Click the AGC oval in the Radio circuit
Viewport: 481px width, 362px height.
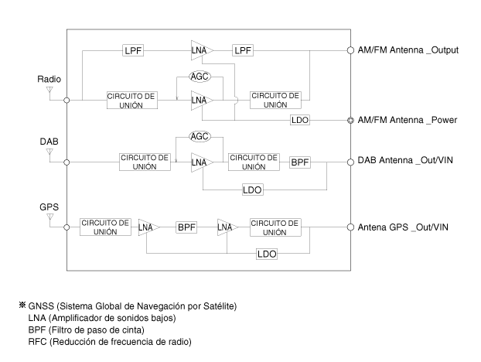[x=200, y=77]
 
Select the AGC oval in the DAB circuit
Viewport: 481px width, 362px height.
[x=200, y=136]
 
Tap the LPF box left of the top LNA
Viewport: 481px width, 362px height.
[x=133, y=50]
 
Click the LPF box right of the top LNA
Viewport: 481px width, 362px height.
[x=243, y=50]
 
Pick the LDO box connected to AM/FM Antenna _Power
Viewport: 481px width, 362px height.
[x=300, y=120]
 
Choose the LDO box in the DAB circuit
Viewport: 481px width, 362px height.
[x=252, y=190]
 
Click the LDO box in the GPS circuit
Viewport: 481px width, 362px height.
[x=267, y=254]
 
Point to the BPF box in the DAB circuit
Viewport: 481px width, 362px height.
[x=300, y=162]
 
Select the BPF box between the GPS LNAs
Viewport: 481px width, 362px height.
[x=186, y=227]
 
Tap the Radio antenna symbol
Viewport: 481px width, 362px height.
[x=49, y=91]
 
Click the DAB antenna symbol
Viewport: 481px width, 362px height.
[x=49, y=153]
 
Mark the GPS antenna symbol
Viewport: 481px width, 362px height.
[x=49, y=218]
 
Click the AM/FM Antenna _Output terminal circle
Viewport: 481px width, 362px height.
[x=350, y=50]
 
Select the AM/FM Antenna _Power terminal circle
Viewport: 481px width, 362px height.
[x=350, y=120]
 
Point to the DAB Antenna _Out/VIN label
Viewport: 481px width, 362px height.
[x=405, y=160]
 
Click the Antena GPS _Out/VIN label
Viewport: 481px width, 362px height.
[x=403, y=227]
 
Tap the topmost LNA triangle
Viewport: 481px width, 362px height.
[x=202, y=50]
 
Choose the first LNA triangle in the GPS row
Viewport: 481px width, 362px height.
[x=148, y=227]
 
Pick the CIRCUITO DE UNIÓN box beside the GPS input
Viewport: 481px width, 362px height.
[x=105, y=227]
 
